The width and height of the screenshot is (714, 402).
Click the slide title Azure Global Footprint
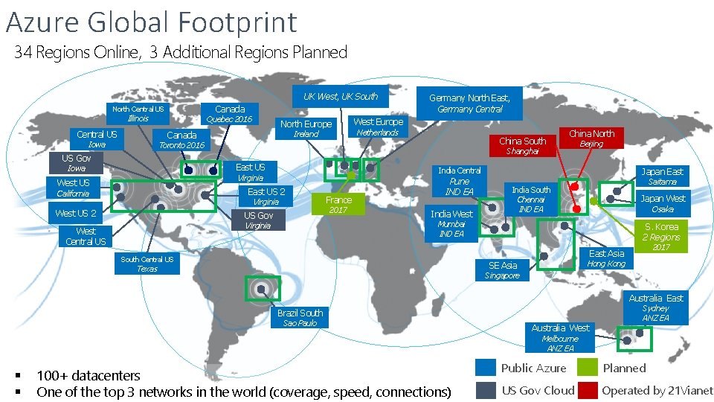pos(151,22)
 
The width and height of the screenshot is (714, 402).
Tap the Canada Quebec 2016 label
pos(229,113)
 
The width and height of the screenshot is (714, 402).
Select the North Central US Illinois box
pos(138,113)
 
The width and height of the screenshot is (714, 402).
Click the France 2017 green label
pos(338,205)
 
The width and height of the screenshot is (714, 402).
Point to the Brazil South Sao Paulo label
pos(300,318)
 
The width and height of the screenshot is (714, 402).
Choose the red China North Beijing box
pos(591,138)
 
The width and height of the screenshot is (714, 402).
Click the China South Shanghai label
pos(522,145)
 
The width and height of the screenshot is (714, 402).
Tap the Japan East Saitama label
pos(662,176)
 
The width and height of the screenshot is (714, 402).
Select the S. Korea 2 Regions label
pos(661,237)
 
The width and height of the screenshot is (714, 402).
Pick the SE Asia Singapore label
pos(503,270)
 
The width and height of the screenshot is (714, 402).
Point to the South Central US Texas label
pos(147,264)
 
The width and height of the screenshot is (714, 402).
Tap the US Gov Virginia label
pos(259,220)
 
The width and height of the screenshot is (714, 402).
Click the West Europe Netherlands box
pos(378,127)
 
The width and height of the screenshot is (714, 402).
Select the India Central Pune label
pos(459,181)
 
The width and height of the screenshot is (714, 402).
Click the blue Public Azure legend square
pos(486,368)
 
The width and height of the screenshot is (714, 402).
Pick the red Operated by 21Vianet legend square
pos(588,390)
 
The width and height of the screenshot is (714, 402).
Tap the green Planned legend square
pos(588,368)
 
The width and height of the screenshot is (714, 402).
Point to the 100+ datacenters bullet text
pos(88,375)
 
